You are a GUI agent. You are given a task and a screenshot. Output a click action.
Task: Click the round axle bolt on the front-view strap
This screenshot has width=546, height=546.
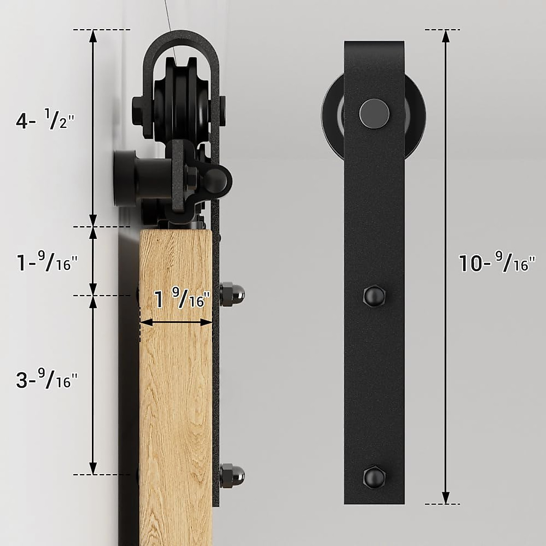click(x=374, y=112)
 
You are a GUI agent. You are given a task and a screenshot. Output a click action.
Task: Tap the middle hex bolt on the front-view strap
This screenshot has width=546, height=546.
click(x=374, y=296)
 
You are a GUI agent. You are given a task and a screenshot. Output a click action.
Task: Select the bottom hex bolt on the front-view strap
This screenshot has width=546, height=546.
click(x=374, y=476)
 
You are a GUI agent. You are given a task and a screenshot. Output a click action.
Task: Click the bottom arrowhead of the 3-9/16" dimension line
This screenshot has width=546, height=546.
click(x=93, y=468)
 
